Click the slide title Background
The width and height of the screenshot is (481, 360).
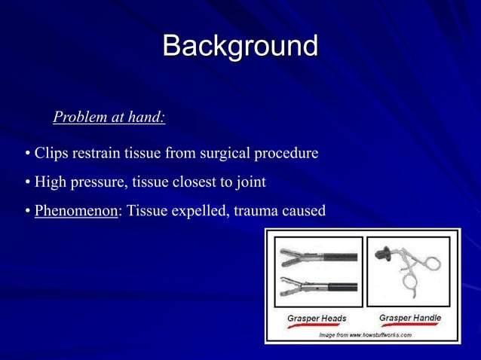(240, 46)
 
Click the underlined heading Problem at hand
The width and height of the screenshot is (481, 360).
(109, 117)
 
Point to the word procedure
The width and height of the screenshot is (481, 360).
(287, 154)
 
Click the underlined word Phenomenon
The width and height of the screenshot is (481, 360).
(76, 211)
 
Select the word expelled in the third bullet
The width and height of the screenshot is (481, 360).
(198, 211)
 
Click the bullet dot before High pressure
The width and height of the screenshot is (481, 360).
(27, 183)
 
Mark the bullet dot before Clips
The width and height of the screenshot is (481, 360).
(27, 154)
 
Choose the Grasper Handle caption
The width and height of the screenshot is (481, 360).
(409, 318)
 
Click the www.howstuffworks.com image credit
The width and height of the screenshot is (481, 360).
(365, 334)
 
